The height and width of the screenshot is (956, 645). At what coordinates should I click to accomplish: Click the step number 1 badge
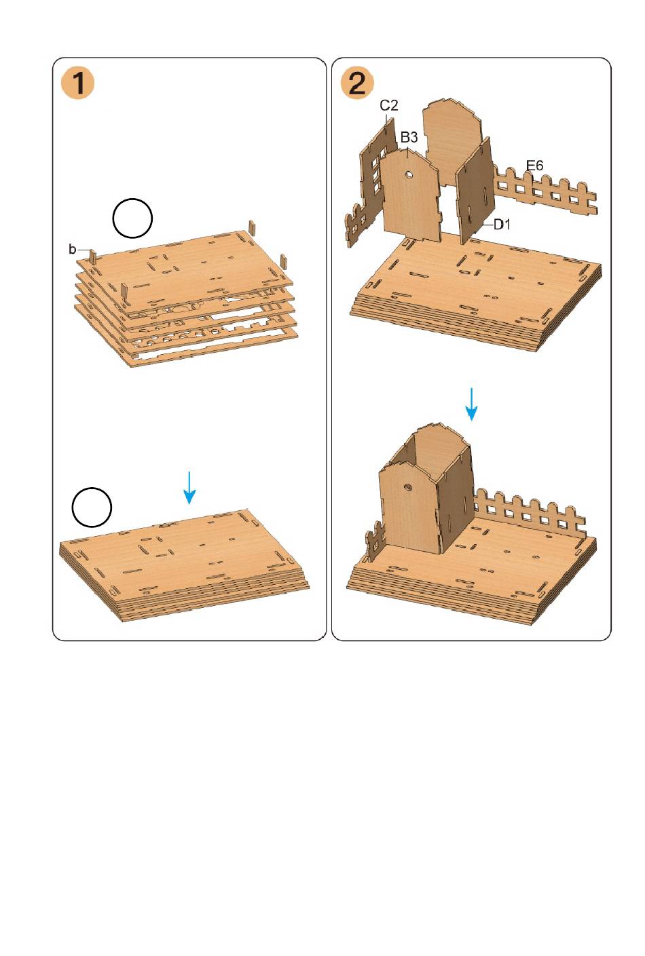coord(77,83)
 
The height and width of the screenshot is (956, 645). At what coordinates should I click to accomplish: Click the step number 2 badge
coord(357,83)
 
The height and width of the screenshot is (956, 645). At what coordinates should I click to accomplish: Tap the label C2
coord(389,105)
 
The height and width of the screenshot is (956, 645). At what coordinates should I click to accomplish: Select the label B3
coord(409,138)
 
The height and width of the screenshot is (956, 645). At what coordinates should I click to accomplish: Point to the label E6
coord(534,165)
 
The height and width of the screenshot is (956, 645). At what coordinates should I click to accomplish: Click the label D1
coord(502,224)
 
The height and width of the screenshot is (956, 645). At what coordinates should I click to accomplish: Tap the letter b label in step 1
coord(72,249)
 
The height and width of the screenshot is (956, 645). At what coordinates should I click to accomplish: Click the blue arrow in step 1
coord(189,488)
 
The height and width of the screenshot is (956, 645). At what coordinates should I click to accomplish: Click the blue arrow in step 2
coord(471,404)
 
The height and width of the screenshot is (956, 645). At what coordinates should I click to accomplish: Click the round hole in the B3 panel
coord(409,174)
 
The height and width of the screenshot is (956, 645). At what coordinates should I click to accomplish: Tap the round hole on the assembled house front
coord(408,486)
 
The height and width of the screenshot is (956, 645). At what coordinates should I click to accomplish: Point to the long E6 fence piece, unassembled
coord(545,191)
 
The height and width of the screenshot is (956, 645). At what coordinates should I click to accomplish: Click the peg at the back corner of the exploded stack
coord(251,227)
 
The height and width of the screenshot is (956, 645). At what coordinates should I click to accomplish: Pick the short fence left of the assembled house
coord(373,542)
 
